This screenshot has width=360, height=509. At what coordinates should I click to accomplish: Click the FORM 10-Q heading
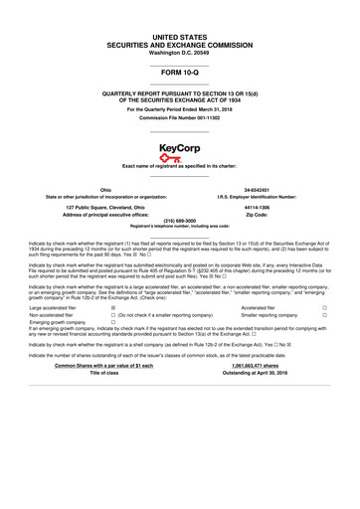click(179, 75)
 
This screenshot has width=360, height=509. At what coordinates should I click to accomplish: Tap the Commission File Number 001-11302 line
click(179, 120)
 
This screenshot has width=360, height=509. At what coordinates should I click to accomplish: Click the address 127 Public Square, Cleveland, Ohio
click(91, 207)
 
